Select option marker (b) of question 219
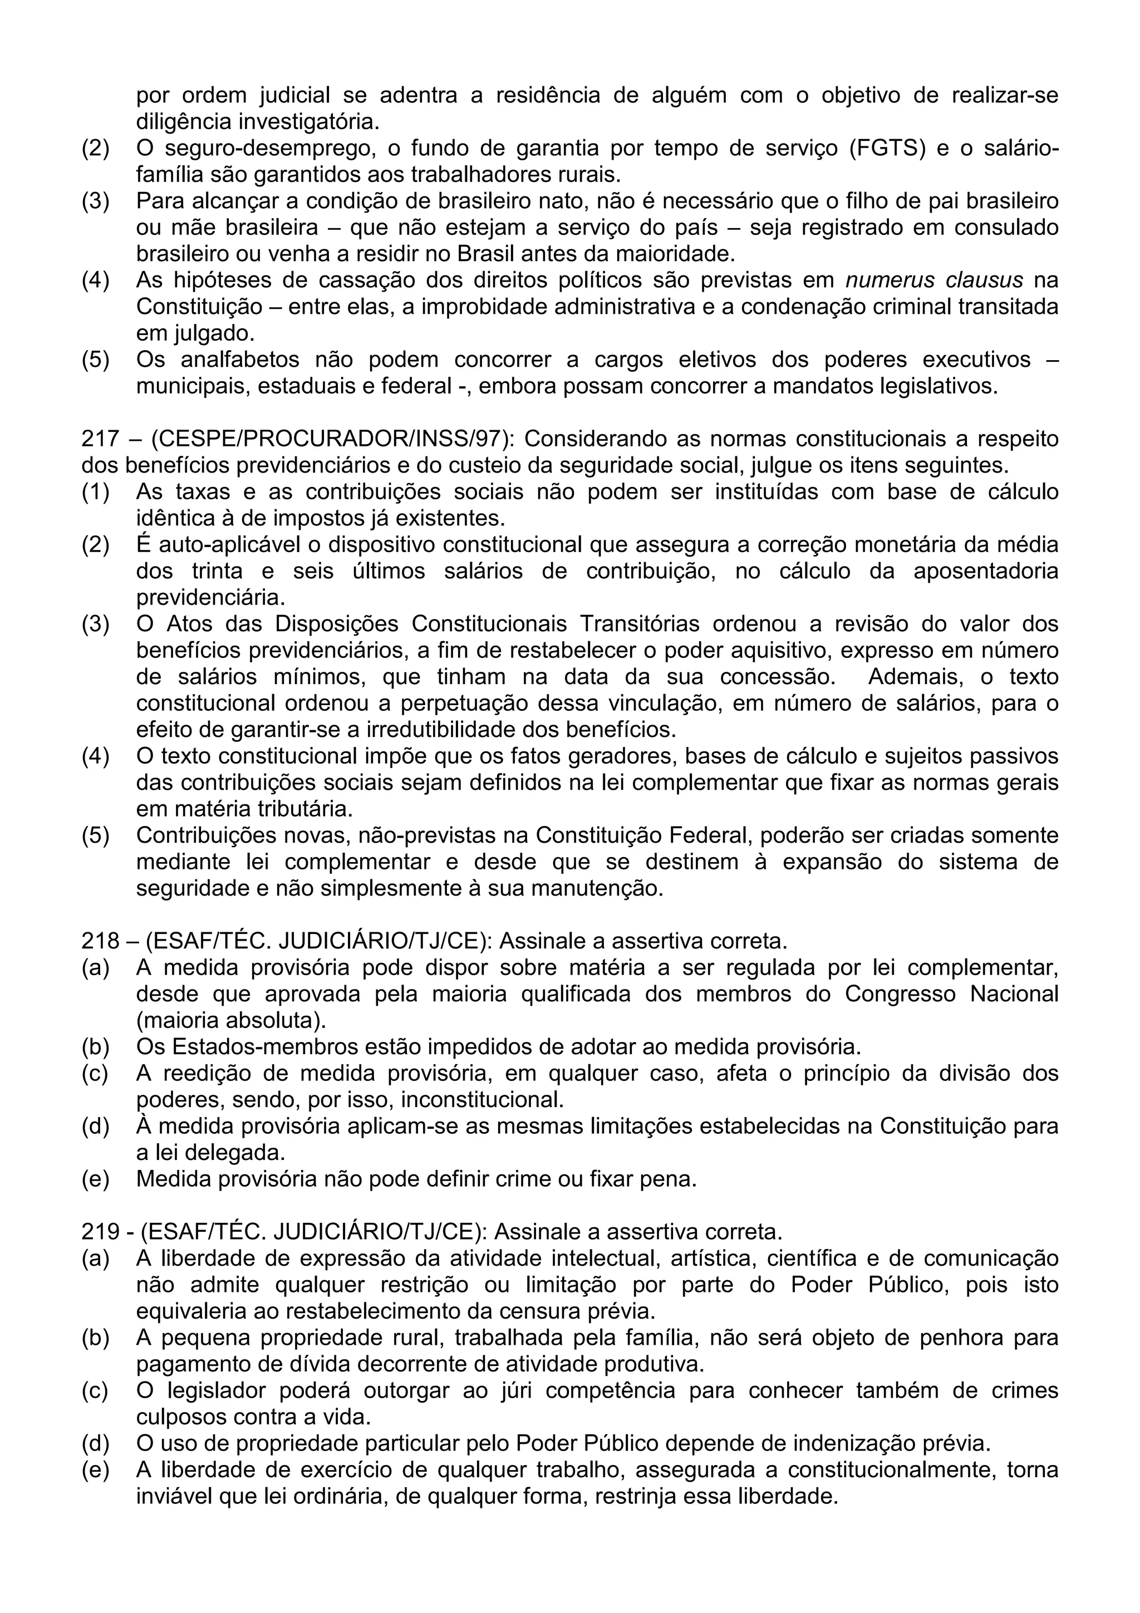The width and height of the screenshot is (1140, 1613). [x=96, y=1337]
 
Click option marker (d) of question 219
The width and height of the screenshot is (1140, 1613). [x=96, y=1444]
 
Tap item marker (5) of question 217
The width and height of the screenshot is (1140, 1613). [x=96, y=835]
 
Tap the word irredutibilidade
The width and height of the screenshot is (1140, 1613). [x=447, y=730]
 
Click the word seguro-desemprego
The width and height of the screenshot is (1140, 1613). [x=268, y=149]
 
